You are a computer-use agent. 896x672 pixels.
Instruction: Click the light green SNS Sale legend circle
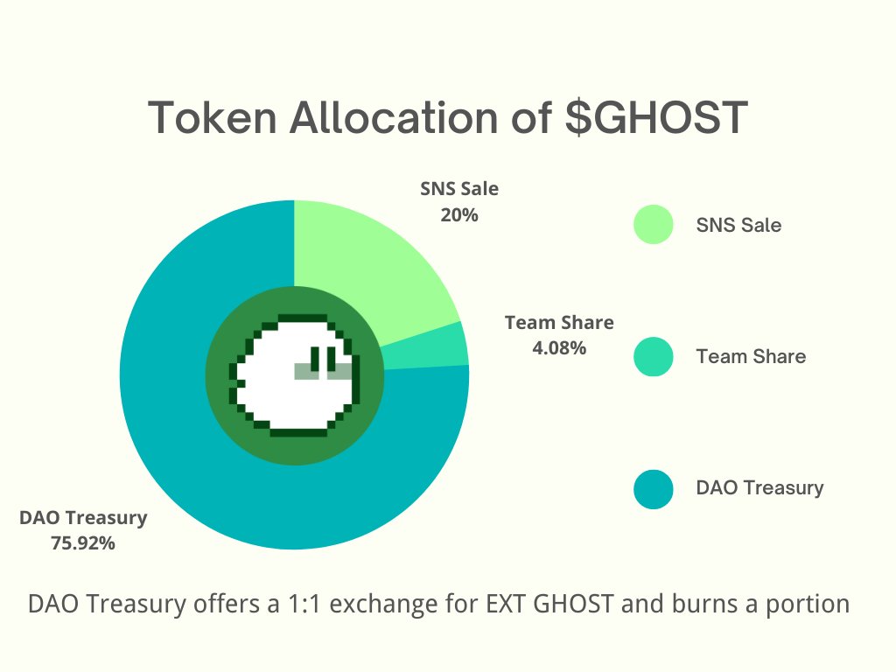(x=654, y=225)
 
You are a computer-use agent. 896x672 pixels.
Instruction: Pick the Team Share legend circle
(x=654, y=356)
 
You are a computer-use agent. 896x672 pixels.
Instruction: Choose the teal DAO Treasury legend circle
(x=654, y=487)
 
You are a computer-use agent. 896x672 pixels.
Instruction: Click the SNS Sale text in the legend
(x=738, y=225)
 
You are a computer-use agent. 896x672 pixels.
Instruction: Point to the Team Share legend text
(x=751, y=356)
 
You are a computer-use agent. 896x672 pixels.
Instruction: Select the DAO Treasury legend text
(x=759, y=487)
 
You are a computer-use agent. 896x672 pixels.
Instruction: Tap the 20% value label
(x=459, y=214)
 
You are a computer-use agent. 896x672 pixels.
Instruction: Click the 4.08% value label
(x=559, y=348)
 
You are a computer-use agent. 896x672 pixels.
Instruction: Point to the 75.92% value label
(x=83, y=543)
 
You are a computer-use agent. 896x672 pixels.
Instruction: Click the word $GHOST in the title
(x=656, y=118)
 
